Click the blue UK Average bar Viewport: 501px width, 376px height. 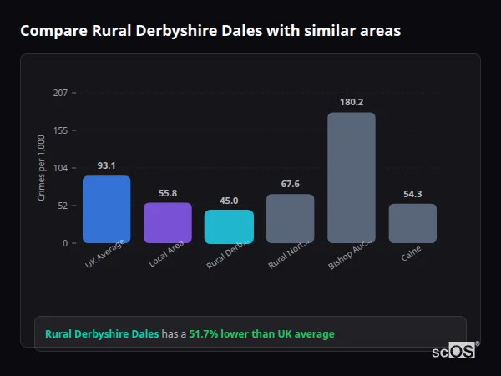click(x=106, y=210)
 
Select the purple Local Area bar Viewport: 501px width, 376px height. click(x=167, y=223)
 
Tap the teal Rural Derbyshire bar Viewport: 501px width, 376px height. click(x=229, y=226)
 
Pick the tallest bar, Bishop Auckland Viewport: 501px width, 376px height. click(x=351, y=178)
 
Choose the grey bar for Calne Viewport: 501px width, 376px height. click(x=412, y=223)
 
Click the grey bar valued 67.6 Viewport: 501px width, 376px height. click(x=290, y=219)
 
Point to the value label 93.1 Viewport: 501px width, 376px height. click(x=106, y=165)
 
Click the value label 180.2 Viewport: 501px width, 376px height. click(x=351, y=102)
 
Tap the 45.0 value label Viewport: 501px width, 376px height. click(x=229, y=201)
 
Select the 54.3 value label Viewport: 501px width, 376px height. click(x=412, y=194)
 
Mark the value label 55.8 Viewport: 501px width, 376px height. click(x=167, y=193)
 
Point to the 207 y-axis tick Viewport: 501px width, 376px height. click(x=60, y=93)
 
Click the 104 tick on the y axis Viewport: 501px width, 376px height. click(x=60, y=168)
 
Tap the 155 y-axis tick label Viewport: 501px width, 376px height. click(x=60, y=130)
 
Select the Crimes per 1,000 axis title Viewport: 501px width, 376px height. click(x=42, y=168)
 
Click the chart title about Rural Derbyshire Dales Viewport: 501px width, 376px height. click(x=210, y=32)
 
